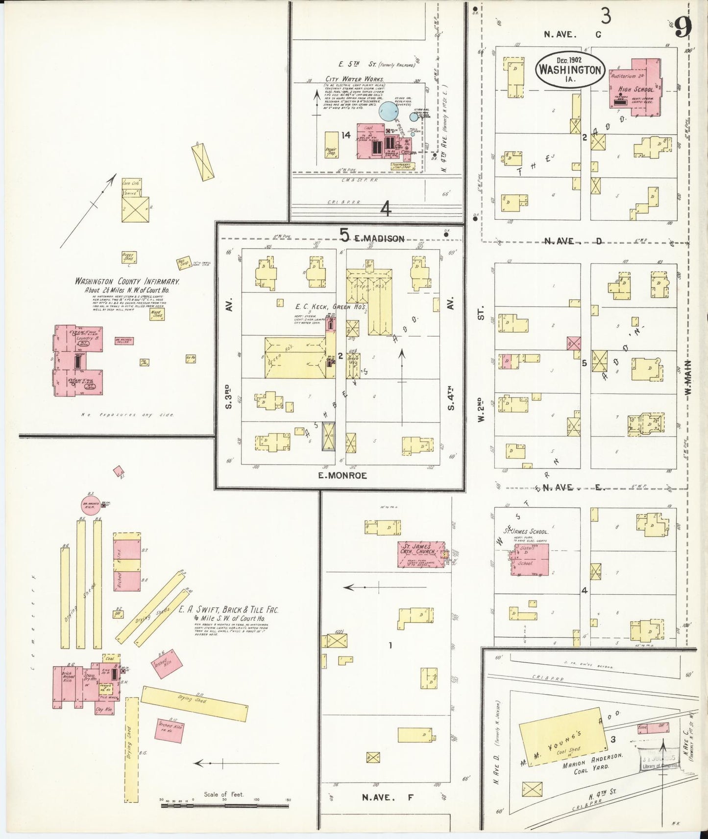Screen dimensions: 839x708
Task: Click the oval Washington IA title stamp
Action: coord(570,70)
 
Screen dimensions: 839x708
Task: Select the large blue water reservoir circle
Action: coord(388,111)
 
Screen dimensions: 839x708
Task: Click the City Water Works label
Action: coord(355,78)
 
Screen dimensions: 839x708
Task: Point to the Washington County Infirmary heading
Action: coord(127,281)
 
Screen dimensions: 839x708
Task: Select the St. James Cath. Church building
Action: coord(420,554)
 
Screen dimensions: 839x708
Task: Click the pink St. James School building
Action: coord(529,559)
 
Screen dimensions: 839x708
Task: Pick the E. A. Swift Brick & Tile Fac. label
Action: coord(228,610)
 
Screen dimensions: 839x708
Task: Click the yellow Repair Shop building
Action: coord(331,145)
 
